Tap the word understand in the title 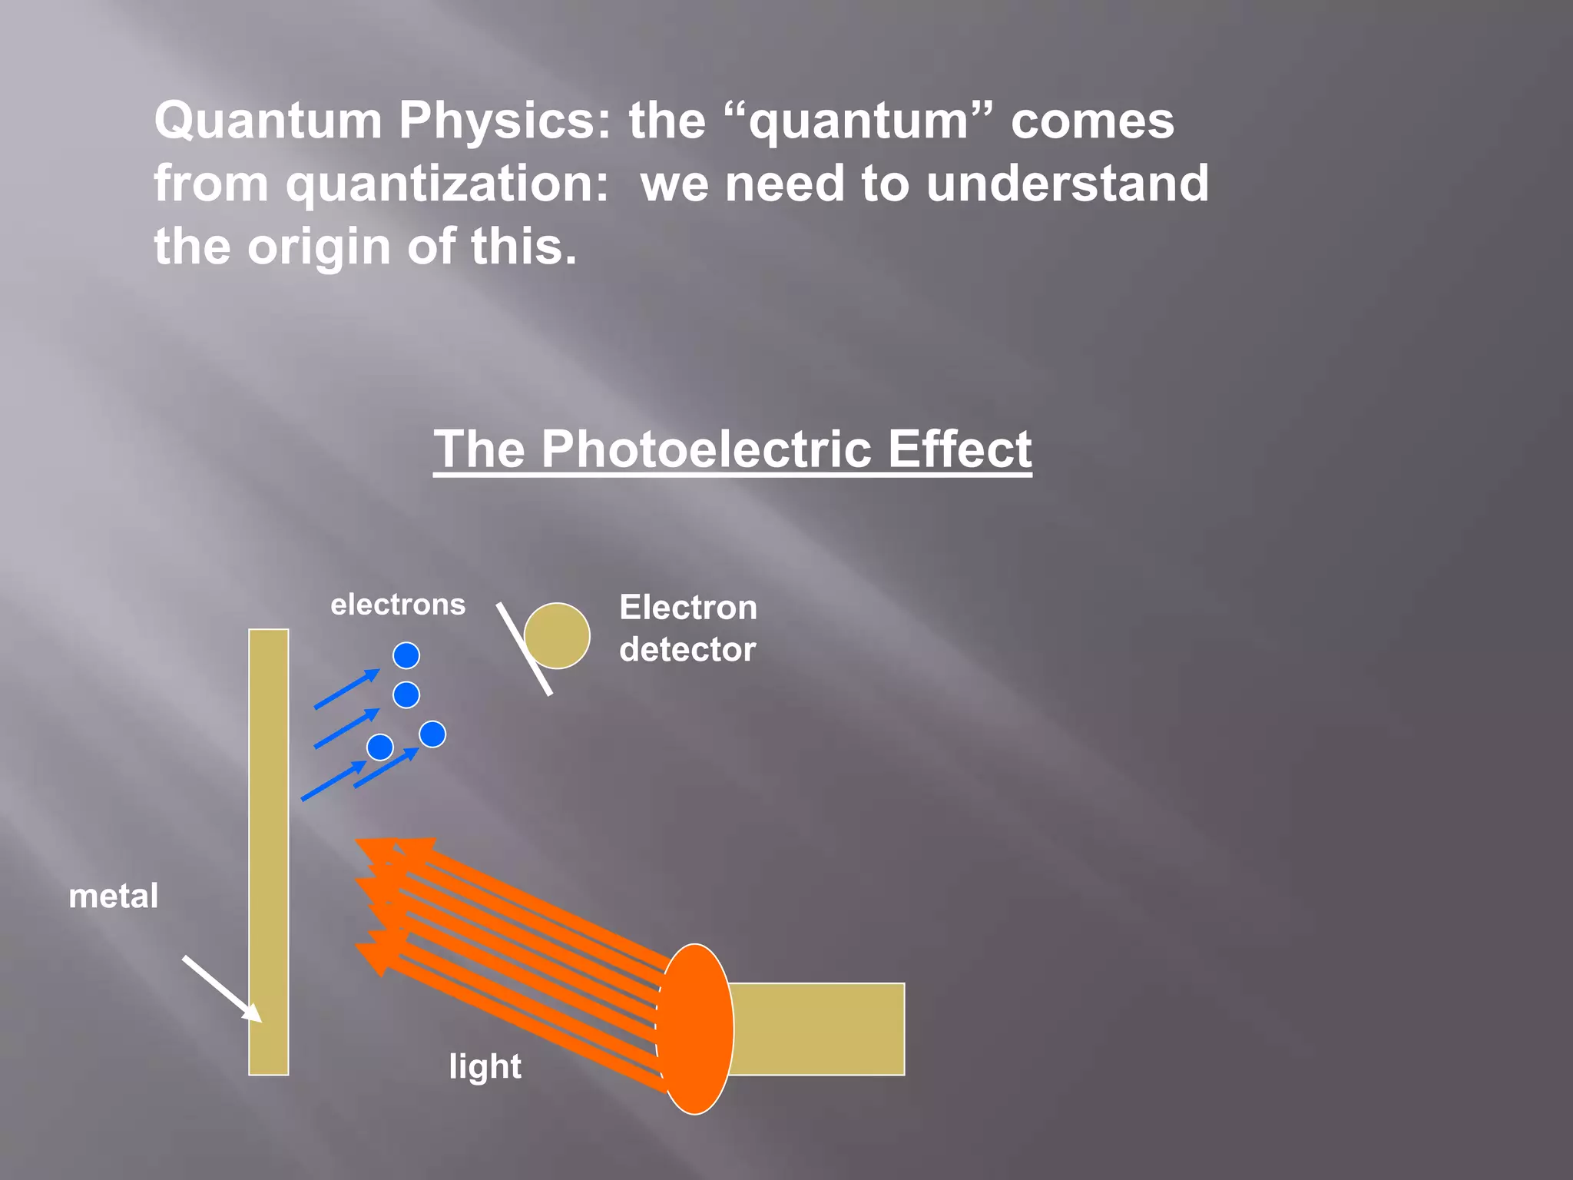pyautogui.click(x=1067, y=184)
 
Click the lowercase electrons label pyautogui.click(x=398, y=605)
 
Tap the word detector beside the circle pyautogui.click(x=687, y=650)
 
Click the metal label pyautogui.click(x=114, y=896)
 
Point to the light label pyautogui.click(x=485, y=1066)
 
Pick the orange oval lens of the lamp pyautogui.click(x=695, y=1029)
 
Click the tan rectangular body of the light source pyautogui.click(x=817, y=1029)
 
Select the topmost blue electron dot pyautogui.click(x=406, y=655)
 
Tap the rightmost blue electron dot pyautogui.click(x=432, y=734)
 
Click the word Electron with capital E pyautogui.click(x=688, y=608)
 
